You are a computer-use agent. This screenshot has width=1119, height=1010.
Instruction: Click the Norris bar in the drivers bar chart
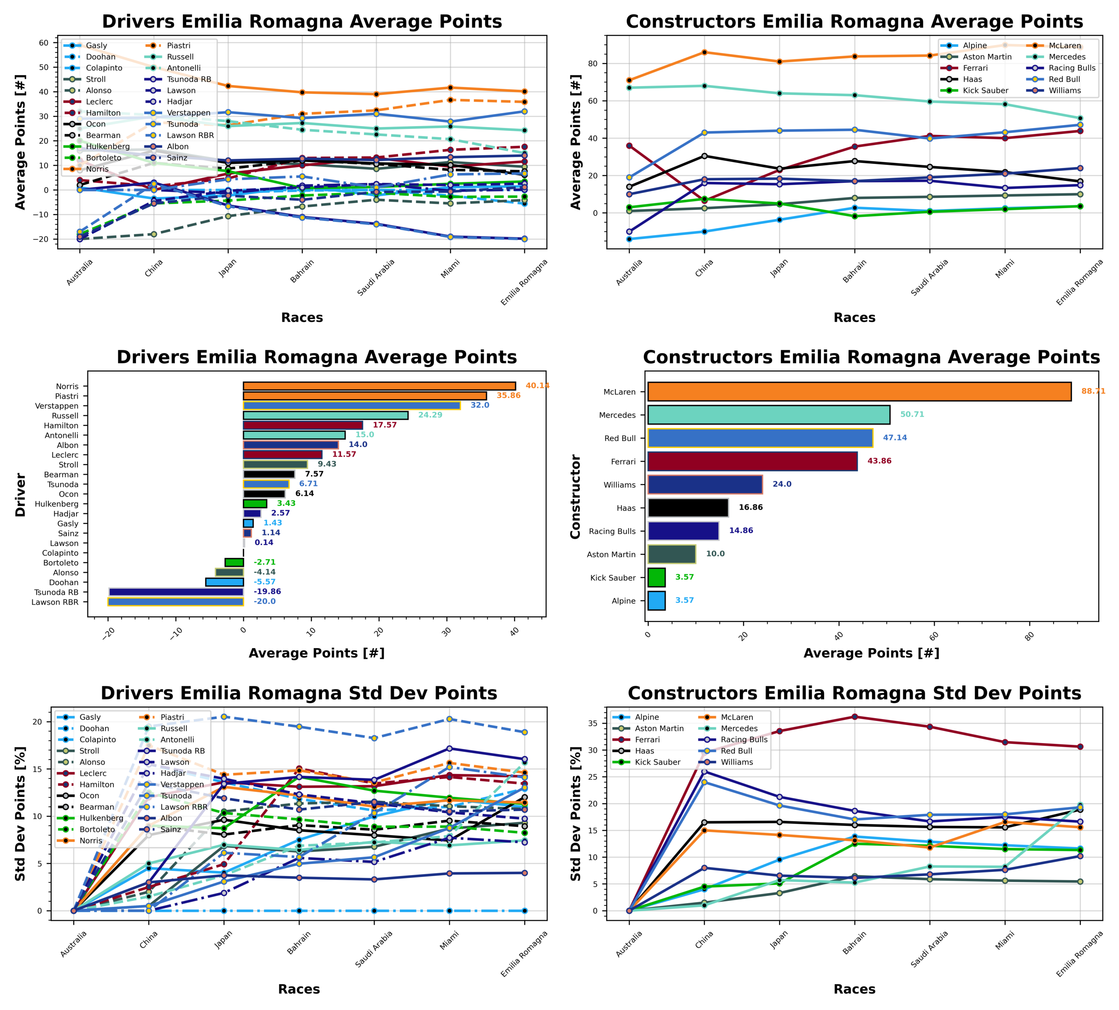coord(379,386)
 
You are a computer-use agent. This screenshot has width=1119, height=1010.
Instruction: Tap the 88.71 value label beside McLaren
coord(1093,391)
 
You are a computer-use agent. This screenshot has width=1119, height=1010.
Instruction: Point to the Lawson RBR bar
coord(176,602)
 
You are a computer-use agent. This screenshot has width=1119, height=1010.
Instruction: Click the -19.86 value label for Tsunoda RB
coord(267,592)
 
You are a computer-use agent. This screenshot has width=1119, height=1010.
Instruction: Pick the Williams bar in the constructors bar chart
coord(705,484)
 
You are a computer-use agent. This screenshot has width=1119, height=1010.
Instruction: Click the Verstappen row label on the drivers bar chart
coord(57,406)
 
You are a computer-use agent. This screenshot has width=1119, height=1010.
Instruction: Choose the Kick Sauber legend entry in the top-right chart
coord(985,90)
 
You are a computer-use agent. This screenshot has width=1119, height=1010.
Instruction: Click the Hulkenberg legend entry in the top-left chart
coord(108,146)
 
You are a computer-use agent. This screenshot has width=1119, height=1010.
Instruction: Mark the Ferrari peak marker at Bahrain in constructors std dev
coord(855,717)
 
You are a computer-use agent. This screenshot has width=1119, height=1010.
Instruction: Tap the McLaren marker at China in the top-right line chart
coord(704,52)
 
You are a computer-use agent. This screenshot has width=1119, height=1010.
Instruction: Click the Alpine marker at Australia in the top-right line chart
coord(629,239)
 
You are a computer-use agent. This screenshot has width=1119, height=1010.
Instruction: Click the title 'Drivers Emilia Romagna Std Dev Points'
coord(299,693)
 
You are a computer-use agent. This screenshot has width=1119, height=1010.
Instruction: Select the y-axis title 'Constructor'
coord(575,496)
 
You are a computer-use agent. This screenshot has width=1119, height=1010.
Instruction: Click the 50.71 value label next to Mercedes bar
coord(912,414)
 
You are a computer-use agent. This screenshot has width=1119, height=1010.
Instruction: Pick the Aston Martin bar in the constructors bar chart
coord(672,554)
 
